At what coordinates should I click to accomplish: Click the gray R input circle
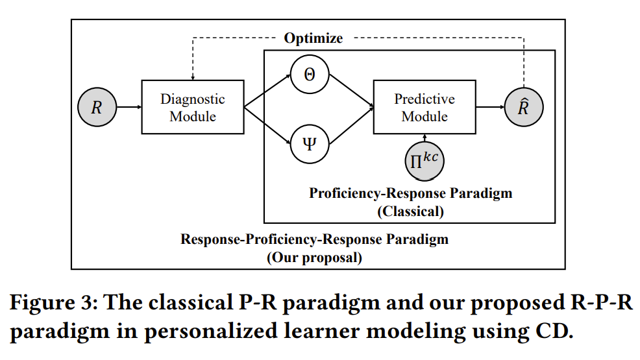[97, 107]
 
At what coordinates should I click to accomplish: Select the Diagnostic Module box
[193, 107]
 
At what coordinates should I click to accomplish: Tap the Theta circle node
[310, 73]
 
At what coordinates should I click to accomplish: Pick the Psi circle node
[310, 142]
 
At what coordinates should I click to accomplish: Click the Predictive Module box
[425, 107]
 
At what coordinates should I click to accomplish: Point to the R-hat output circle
[523, 107]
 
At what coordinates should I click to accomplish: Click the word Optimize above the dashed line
[313, 38]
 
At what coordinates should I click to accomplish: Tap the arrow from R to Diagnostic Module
[129, 107]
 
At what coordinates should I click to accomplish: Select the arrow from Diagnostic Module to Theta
[267, 91]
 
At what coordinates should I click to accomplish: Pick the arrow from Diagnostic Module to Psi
[267, 124]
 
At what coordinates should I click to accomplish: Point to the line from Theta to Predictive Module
[351, 90]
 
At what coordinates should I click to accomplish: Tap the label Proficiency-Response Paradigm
[410, 193]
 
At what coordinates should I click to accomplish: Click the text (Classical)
[410, 211]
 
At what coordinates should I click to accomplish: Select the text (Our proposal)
[314, 257]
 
